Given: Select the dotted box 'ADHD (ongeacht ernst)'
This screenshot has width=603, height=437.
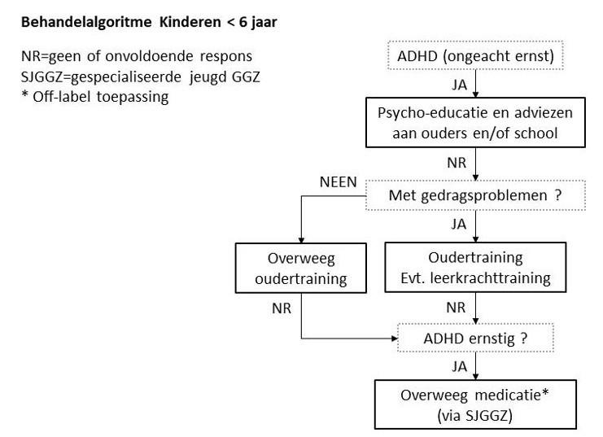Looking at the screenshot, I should [475, 57].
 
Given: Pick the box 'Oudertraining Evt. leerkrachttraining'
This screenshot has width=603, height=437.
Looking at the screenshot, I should [476, 266].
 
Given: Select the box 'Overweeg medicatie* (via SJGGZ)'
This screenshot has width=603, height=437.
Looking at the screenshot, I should [476, 404].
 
